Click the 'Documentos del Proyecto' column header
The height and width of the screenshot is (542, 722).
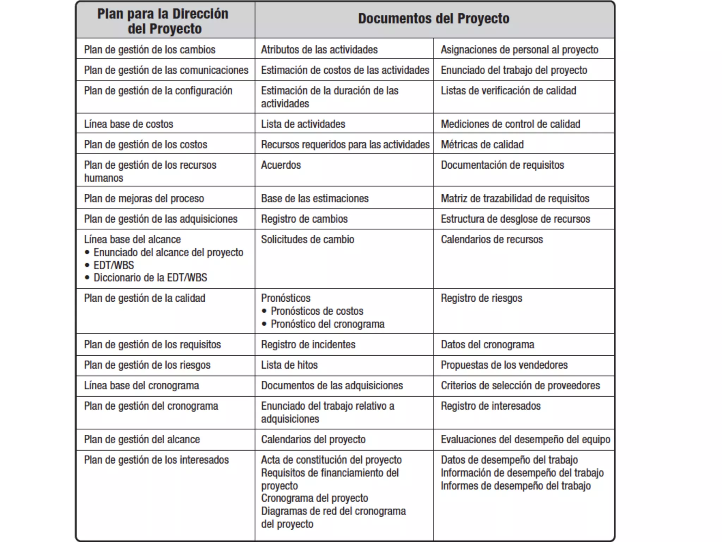(x=434, y=19)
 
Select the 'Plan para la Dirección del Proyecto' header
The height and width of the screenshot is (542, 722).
(x=163, y=21)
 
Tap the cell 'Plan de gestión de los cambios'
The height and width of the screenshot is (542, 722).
(x=149, y=50)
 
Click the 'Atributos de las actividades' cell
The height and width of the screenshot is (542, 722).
(x=319, y=50)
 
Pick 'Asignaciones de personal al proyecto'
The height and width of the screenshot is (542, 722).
(x=519, y=50)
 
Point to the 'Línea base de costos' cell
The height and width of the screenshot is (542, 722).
(x=129, y=124)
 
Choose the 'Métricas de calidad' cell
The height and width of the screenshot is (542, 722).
(x=482, y=145)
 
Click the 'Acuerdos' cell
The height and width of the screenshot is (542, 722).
(x=281, y=165)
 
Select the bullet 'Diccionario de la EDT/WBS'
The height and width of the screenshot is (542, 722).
(x=150, y=278)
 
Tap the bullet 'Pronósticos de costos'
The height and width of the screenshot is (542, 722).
(x=317, y=311)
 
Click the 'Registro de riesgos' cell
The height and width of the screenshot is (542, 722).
(x=482, y=298)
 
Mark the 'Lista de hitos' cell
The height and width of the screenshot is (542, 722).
(x=289, y=365)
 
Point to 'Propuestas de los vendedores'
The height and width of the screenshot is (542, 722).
(x=504, y=365)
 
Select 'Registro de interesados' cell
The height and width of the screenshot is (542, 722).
(x=490, y=406)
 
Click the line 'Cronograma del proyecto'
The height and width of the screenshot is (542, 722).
(x=314, y=498)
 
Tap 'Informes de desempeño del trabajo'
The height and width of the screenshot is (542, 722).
(x=515, y=486)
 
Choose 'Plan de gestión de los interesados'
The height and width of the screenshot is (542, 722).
(x=156, y=460)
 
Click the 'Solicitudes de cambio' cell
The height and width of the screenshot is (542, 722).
(x=307, y=240)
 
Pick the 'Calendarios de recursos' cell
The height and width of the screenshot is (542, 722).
(x=492, y=240)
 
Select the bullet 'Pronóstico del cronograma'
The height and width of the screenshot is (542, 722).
(x=327, y=324)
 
